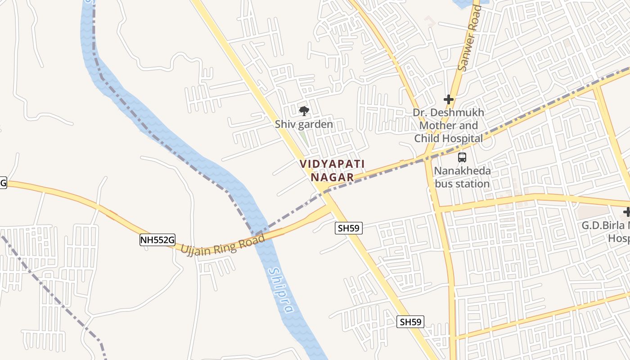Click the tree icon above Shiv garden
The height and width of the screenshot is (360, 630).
click(x=304, y=111)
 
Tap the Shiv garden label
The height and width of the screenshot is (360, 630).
click(x=304, y=124)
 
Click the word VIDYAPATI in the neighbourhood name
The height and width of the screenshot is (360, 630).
click(x=333, y=164)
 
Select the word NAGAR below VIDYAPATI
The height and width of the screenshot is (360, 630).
click(x=333, y=177)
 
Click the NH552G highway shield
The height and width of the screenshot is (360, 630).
click(x=157, y=240)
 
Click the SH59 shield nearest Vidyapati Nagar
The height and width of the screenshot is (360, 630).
click(x=349, y=228)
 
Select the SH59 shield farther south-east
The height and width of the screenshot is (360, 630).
click(x=410, y=322)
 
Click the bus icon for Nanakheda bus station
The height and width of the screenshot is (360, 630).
click(x=462, y=157)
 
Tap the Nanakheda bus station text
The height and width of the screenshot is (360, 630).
click(x=462, y=177)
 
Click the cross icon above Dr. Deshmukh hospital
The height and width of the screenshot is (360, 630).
click(x=448, y=99)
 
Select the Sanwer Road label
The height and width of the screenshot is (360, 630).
click(x=469, y=38)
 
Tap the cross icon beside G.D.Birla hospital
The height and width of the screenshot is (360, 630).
click(x=627, y=212)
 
